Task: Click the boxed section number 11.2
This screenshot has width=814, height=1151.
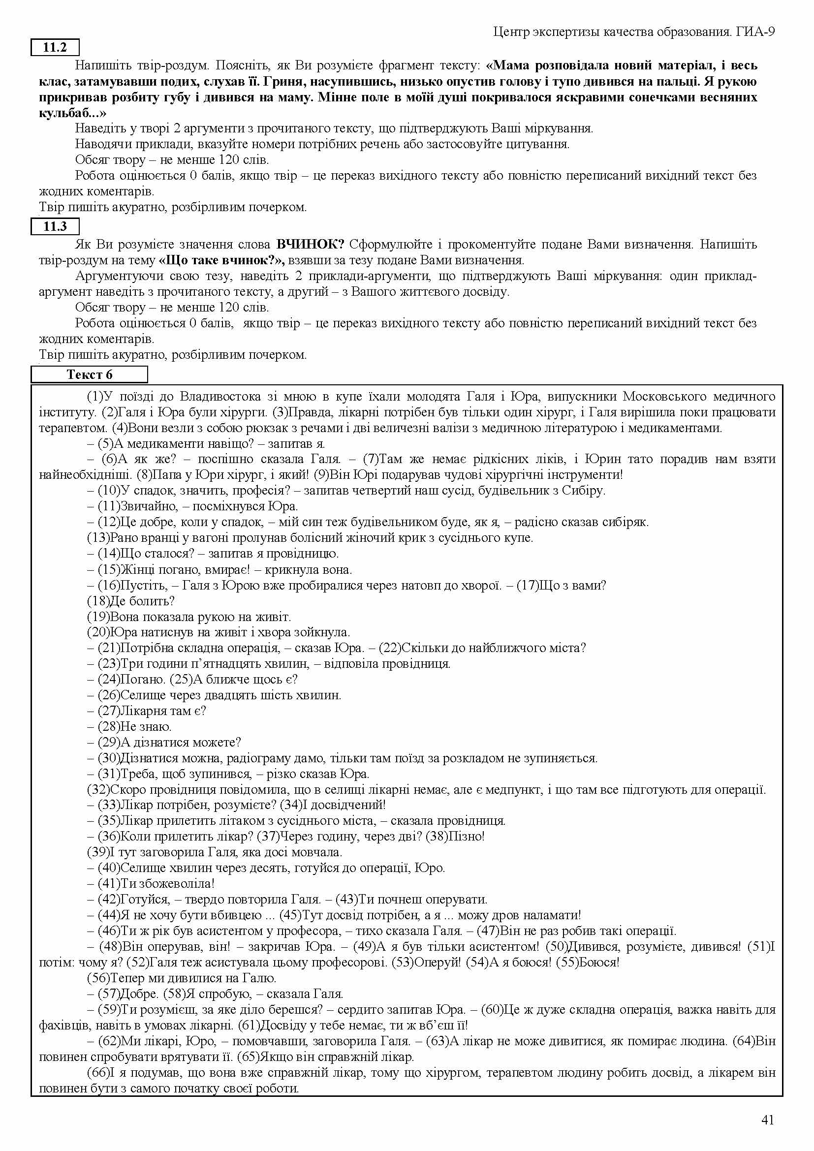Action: point(55,48)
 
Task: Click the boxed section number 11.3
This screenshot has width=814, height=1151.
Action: point(55,226)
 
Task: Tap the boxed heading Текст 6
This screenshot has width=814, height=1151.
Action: point(90,374)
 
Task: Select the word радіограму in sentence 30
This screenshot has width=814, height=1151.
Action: point(278,758)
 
